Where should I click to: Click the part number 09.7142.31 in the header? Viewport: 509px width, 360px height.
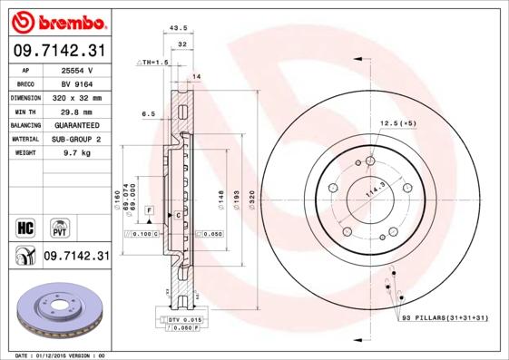point(58,50)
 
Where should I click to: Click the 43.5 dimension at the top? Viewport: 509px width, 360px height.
point(179,29)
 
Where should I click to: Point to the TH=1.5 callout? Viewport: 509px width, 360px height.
point(152,62)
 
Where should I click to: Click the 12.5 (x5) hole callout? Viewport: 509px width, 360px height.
point(396,122)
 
